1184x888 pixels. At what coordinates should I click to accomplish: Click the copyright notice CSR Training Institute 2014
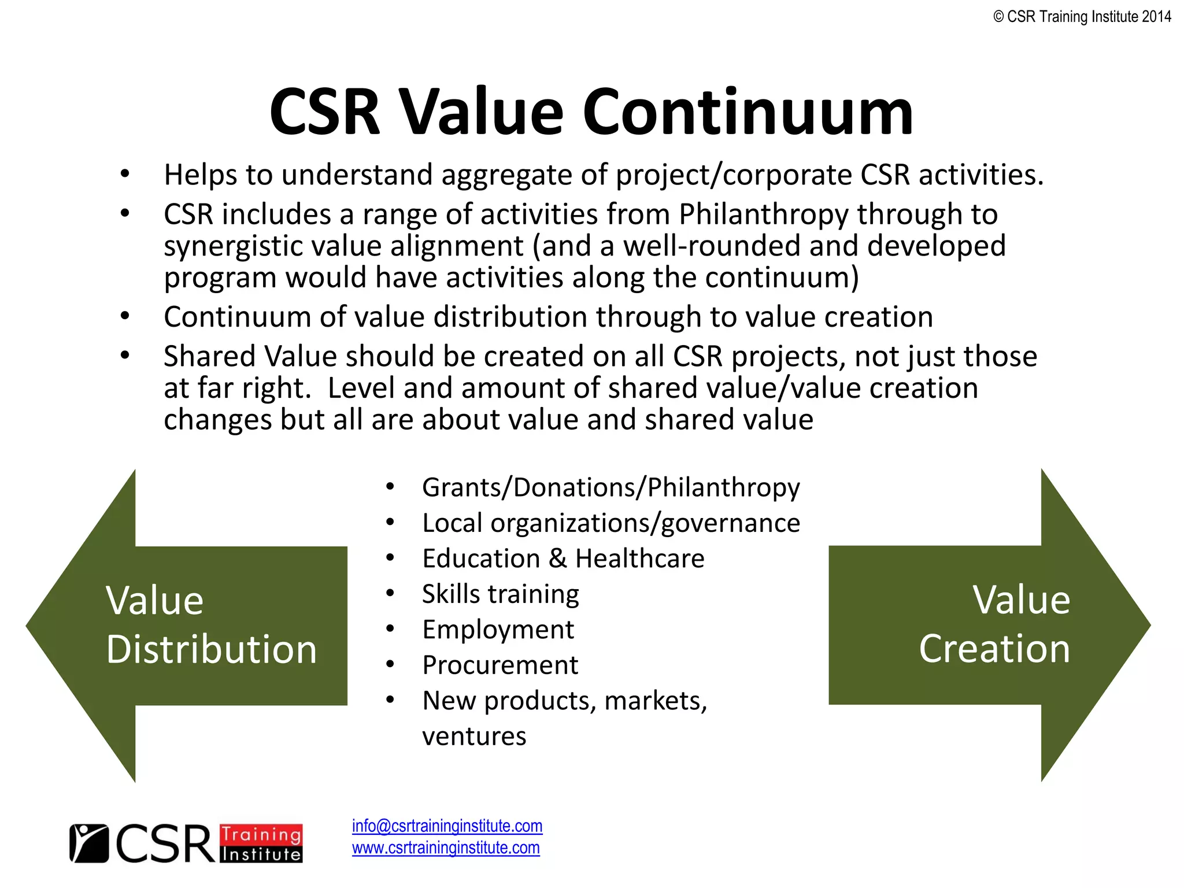click(1082, 17)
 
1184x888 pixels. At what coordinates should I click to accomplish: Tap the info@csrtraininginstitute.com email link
click(447, 826)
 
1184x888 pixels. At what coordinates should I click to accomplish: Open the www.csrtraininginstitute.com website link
click(446, 848)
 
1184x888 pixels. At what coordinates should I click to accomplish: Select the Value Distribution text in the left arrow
click(212, 625)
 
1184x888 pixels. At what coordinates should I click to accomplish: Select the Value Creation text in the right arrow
click(994, 624)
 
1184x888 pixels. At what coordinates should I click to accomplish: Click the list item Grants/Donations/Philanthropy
click(610, 487)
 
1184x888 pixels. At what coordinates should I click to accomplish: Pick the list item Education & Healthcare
click(563, 558)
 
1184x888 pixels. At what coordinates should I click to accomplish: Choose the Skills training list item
click(500, 594)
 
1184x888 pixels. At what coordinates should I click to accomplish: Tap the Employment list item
click(498, 630)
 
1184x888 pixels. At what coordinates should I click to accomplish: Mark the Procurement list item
click(500, 665)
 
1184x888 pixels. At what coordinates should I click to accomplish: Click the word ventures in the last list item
click(474, 737)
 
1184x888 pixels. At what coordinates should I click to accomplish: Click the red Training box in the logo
click(261, 835)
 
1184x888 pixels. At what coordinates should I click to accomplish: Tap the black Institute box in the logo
click(261, 854)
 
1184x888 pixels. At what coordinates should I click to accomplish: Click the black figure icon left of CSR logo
click(88, 843)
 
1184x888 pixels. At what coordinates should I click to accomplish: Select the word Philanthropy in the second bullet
click(764, 214)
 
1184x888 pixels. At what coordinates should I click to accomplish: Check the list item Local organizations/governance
click(610, 523)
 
